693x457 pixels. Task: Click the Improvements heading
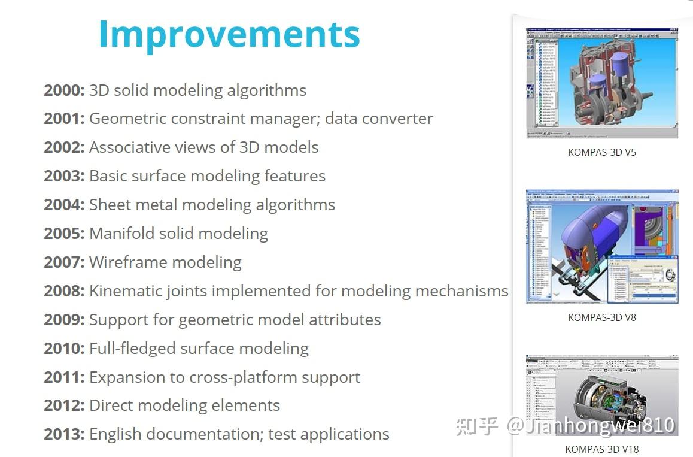click(229, 34)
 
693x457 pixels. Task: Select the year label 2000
click(64, 90)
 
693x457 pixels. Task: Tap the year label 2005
click(64, 234)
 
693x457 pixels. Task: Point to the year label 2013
click(64, 434)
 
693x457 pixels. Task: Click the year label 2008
click(64, 291)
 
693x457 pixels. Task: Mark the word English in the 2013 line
click(113, 434)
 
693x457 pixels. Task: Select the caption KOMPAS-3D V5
click(601, 152)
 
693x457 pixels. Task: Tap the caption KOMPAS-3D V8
click(601, 317)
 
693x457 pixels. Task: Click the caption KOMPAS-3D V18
click(601, 449)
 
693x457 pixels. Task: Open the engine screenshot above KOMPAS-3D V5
click(601, 83)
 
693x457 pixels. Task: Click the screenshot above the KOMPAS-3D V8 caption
click(601, 247)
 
